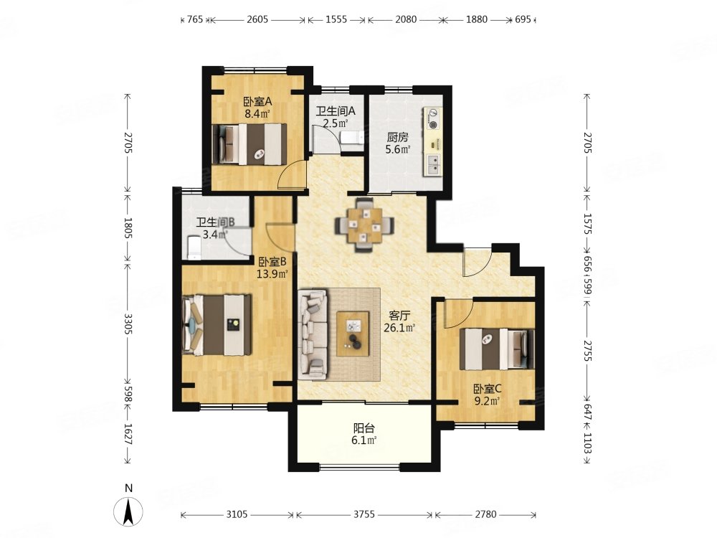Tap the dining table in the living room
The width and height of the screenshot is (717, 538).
pos(364,225)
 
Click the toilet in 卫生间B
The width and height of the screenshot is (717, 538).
pos(194,247)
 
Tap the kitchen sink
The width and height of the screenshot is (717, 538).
pos(432,165)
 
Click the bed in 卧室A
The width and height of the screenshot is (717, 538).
pos(250,143)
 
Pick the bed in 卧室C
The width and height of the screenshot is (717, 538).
pos(497,349)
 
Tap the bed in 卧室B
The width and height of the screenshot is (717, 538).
pos(217,325)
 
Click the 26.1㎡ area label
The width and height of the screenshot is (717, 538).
pos(399,327)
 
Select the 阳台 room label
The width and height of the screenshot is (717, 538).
pos(364,428)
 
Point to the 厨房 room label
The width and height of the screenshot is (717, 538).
pos(397,137)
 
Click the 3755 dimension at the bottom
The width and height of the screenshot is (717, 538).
pos(364,514)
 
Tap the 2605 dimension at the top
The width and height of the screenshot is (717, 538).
pos(257,19)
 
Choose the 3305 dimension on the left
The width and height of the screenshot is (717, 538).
pos(128,324)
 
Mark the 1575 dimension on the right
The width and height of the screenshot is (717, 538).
pos(588,224)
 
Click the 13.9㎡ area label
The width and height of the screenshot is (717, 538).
pos(272,273)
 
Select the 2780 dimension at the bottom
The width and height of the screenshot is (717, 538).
pos(485,514)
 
